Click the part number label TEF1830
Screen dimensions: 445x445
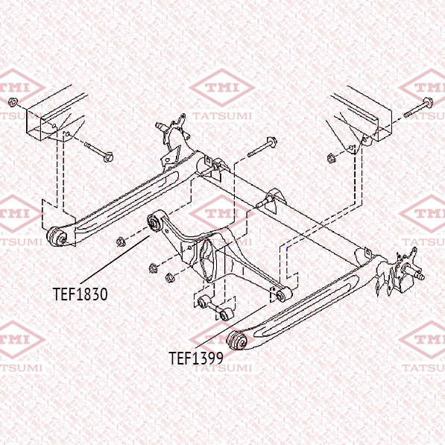[x=81, y=294]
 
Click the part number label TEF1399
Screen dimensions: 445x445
[x=196, y=358]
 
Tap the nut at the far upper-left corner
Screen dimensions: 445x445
[x=13, y=102]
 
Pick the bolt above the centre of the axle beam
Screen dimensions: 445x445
[x=262, y=147]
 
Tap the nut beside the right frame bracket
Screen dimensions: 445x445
[x=331, y=158]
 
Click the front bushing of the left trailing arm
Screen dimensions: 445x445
[x=57, y=237]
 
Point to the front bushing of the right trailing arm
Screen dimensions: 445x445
[x=237, y=340]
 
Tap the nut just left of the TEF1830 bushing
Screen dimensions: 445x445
[x=121, y=242]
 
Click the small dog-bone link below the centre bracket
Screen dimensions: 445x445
[x=215, y=307]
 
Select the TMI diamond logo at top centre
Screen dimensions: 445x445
[x=222, y=87]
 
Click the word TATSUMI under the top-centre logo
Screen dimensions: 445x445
[x=222, y=116]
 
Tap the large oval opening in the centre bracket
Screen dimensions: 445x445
[x=207, y=261]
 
